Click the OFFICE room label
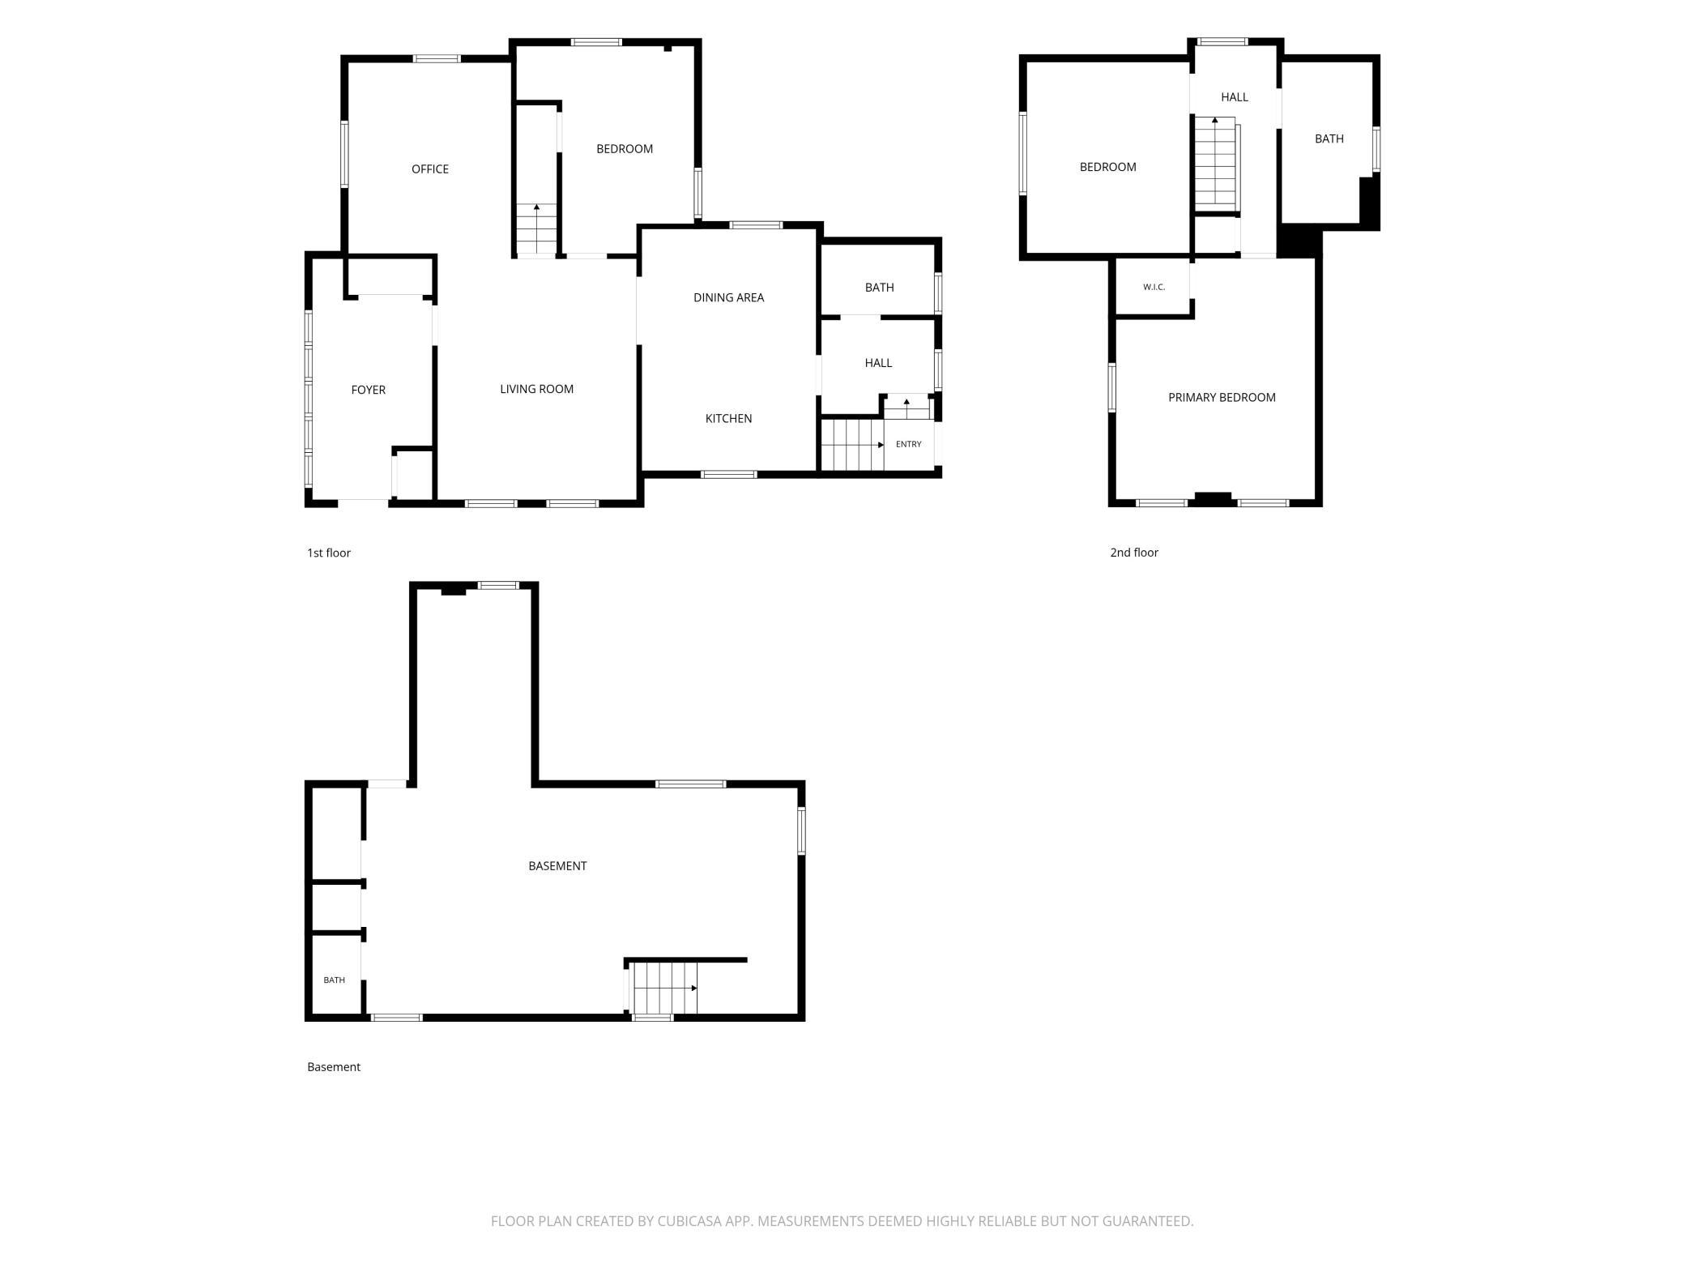point(429,169)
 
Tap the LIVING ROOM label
point(536,389)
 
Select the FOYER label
point(368,390)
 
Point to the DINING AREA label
point(728,297)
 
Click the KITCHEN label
point(728,418)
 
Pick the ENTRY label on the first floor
point(908,444)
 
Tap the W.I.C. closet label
point(1154,287)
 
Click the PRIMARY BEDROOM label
point(1222,397)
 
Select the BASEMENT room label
point(557,865)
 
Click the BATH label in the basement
point(334,980)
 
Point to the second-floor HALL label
point(1234,97)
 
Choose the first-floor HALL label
point(878,363)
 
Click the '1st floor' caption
point(328,553)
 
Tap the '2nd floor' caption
point(1133,553)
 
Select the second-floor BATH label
point(1329,139)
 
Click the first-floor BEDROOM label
point(624,149)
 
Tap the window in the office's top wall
point(437,58)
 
